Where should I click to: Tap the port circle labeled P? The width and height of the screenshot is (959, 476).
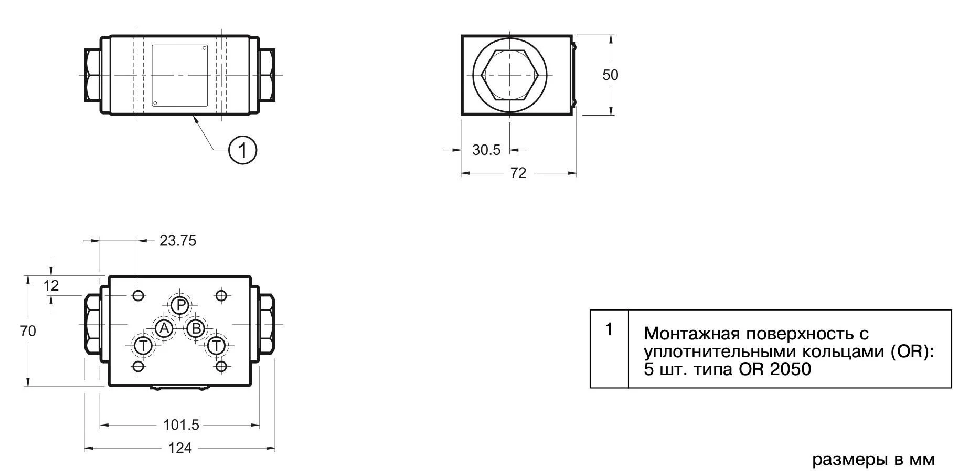click(180, 305)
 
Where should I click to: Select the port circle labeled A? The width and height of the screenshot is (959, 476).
click(164, 329)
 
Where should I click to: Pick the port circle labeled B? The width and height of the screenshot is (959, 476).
click(196, 329)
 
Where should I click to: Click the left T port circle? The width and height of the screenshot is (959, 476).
click(143, 346)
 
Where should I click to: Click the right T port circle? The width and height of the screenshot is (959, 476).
click(216, 346)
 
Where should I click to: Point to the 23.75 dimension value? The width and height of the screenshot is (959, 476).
click(178, 241)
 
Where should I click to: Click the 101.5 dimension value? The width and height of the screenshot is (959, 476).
click(182, 425)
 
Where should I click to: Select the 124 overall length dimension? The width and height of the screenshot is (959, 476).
click(179, 448)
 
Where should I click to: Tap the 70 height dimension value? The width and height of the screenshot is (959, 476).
click(28, 331)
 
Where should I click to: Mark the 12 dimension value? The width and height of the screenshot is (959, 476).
click(51, 286)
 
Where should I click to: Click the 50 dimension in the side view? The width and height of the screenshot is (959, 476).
click(610, 75)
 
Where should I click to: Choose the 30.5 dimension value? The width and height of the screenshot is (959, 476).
click(486, 150)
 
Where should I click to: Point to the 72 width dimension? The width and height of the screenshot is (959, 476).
click(518, 173)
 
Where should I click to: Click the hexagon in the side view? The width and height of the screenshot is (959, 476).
click(510, 75)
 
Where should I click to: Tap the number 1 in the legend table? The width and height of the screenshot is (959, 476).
click(609, 329)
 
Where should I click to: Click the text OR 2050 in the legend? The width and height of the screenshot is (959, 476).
click(775, 369)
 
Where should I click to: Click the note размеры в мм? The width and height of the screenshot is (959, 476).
click(873, 460)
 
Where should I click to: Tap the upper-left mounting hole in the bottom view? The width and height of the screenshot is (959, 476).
click(138, 296)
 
